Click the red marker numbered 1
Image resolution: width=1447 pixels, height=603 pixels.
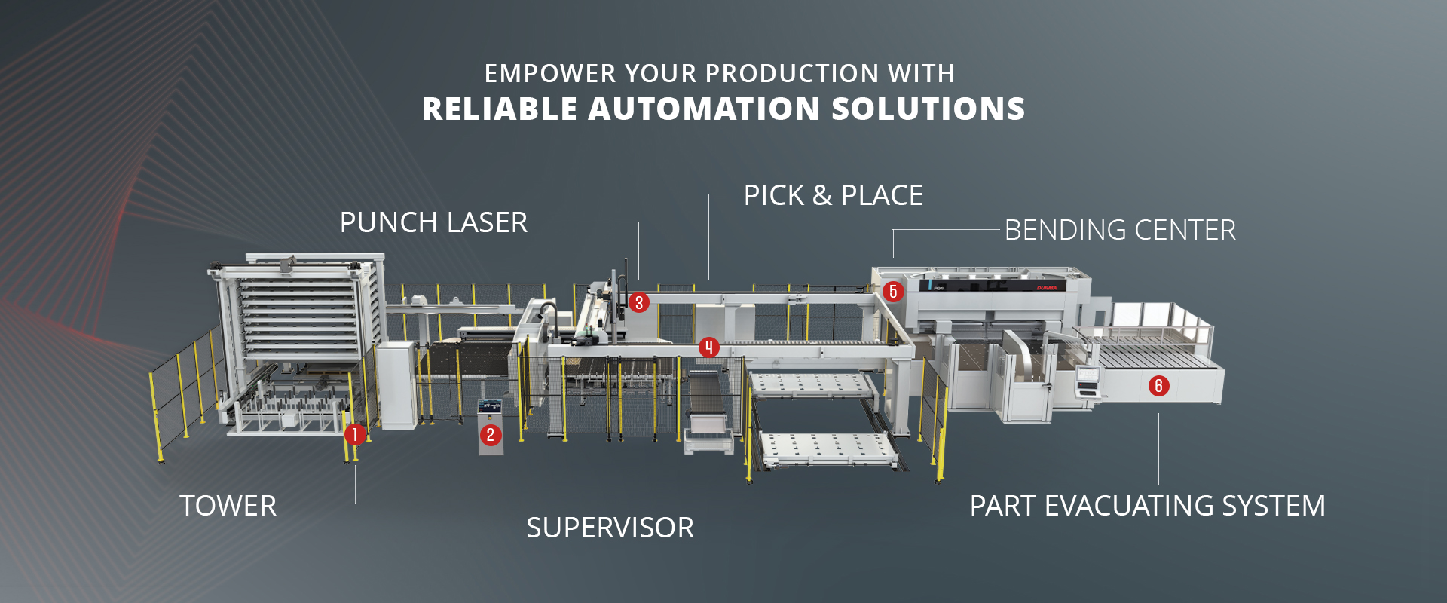coord(355,434)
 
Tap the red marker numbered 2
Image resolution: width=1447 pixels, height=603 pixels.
coord(491,435)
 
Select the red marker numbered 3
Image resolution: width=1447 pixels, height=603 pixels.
coord(638,303)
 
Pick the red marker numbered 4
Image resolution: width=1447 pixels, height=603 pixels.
coord(708,347)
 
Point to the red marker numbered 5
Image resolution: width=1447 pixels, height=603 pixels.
coord(893,292)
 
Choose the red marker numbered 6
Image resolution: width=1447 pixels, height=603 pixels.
coord(1159,386)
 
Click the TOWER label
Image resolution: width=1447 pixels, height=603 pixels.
coord(228,506)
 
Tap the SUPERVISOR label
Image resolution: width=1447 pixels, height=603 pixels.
coord(610,528)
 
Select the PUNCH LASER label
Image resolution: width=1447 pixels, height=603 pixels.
coord(433,222)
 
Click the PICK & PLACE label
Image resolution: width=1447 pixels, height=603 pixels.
coord(834,195)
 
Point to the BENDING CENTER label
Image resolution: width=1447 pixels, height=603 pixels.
coord(1120,230)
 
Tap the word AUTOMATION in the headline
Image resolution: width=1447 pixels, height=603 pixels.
coord(705,109)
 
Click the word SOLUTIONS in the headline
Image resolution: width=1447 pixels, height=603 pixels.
coord(928,109)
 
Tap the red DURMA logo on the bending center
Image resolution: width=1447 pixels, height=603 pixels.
coord(1047,288)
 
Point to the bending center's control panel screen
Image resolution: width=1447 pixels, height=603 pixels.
coord(1087,373)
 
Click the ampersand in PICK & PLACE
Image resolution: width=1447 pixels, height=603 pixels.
coord(822,196)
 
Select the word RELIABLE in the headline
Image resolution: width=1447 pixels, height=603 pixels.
coord(499,109)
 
